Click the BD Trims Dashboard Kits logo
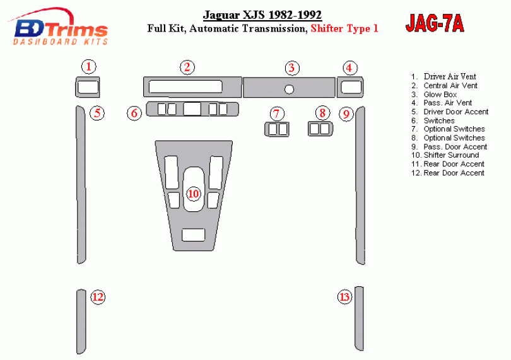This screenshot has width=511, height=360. pyautogui.click(x=59, y=27)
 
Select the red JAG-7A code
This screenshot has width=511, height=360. pyautogui.click(x=435, y=23)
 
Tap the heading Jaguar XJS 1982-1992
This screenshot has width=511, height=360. pyautogui.click(x=262, y=15)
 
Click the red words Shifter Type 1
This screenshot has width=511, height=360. pyautogui.click(x=344, y=28)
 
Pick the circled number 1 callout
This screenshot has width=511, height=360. pyautogui.click(x=89, y=67)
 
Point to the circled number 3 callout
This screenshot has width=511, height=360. pyautogui.click(x=291, y=67)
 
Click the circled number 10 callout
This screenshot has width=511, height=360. pyautogui.click(x=193, y=194)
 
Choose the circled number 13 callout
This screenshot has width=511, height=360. pyautogui.click(x=345, y=297)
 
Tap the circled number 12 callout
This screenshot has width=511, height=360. pyautogui.click(x=98, y=297)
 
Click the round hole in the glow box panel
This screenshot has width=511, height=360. pyautogui.click(x=289, y=90)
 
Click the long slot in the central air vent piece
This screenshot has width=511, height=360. pyautogui.click(x=185, y=86)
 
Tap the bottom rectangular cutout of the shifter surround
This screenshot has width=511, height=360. pyautogui.click(x=193, y=235)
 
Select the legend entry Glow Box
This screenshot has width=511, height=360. pyautogui.click(x=440, y=95)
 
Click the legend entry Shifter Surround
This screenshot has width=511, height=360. pyautogui.click(x=451, y=155)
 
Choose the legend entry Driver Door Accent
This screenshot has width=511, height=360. pyautogui.click(x=455, y=112)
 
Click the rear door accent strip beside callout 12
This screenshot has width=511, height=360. pyautogui.click(x=81, y=322)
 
